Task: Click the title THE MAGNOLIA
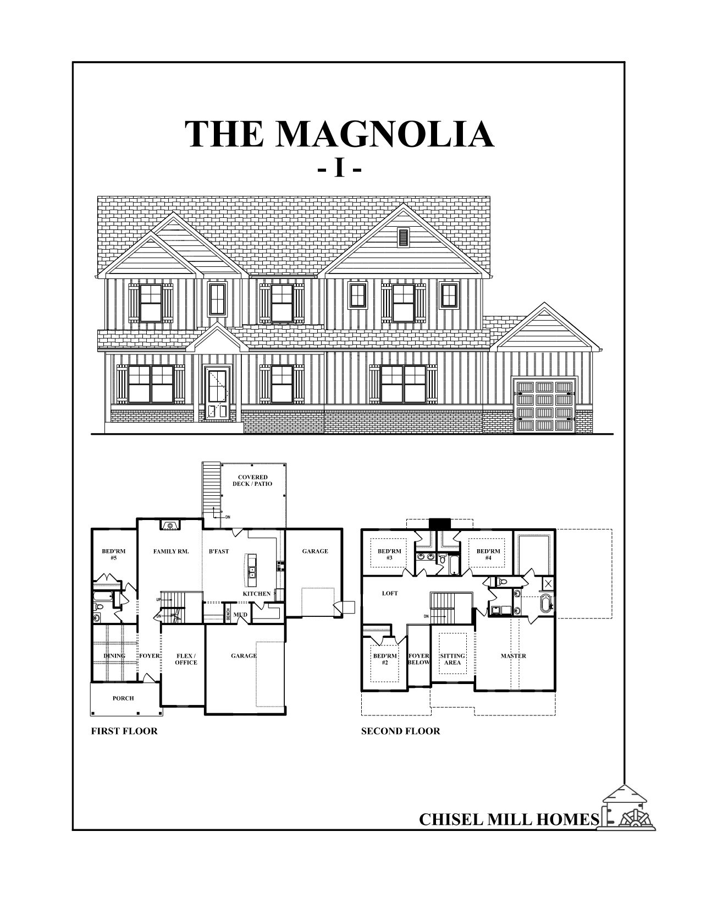pyautogui.click(x=339, y=134)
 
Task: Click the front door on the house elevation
pyautogui.click(x=216, y=394)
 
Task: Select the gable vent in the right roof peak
pyautogui.click(x=404, y=237)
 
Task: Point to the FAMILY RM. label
pyautogui.click(x=171, y=551)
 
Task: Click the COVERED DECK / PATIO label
pyautogui.click(x=253, y=480)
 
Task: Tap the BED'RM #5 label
pyautogui.click(x=113, y=554)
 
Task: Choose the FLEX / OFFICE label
pyautogui.click(x=186, y=659)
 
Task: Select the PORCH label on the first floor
pyautogui.click(x=123, y=698)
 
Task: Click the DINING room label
pyautogui.click(x=114, y=656)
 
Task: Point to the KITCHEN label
pyautogui.click(x=257, y=594)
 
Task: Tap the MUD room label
pyautogui.click(x=240, y=615)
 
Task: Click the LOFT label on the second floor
pyautogui.click(x=390, y=593)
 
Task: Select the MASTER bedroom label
pyautogui.click(x=513, y=656)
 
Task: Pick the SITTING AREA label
pyautogui.click(x=452, y=659)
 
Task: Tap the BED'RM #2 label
pyautogui.click(x=385, y=659)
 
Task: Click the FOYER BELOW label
pyautogui.click(x=419, y=659)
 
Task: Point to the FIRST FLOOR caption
pyautogui.click(x=124, y=731)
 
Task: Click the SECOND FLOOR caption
pyautogui.click(x=400, y=731)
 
